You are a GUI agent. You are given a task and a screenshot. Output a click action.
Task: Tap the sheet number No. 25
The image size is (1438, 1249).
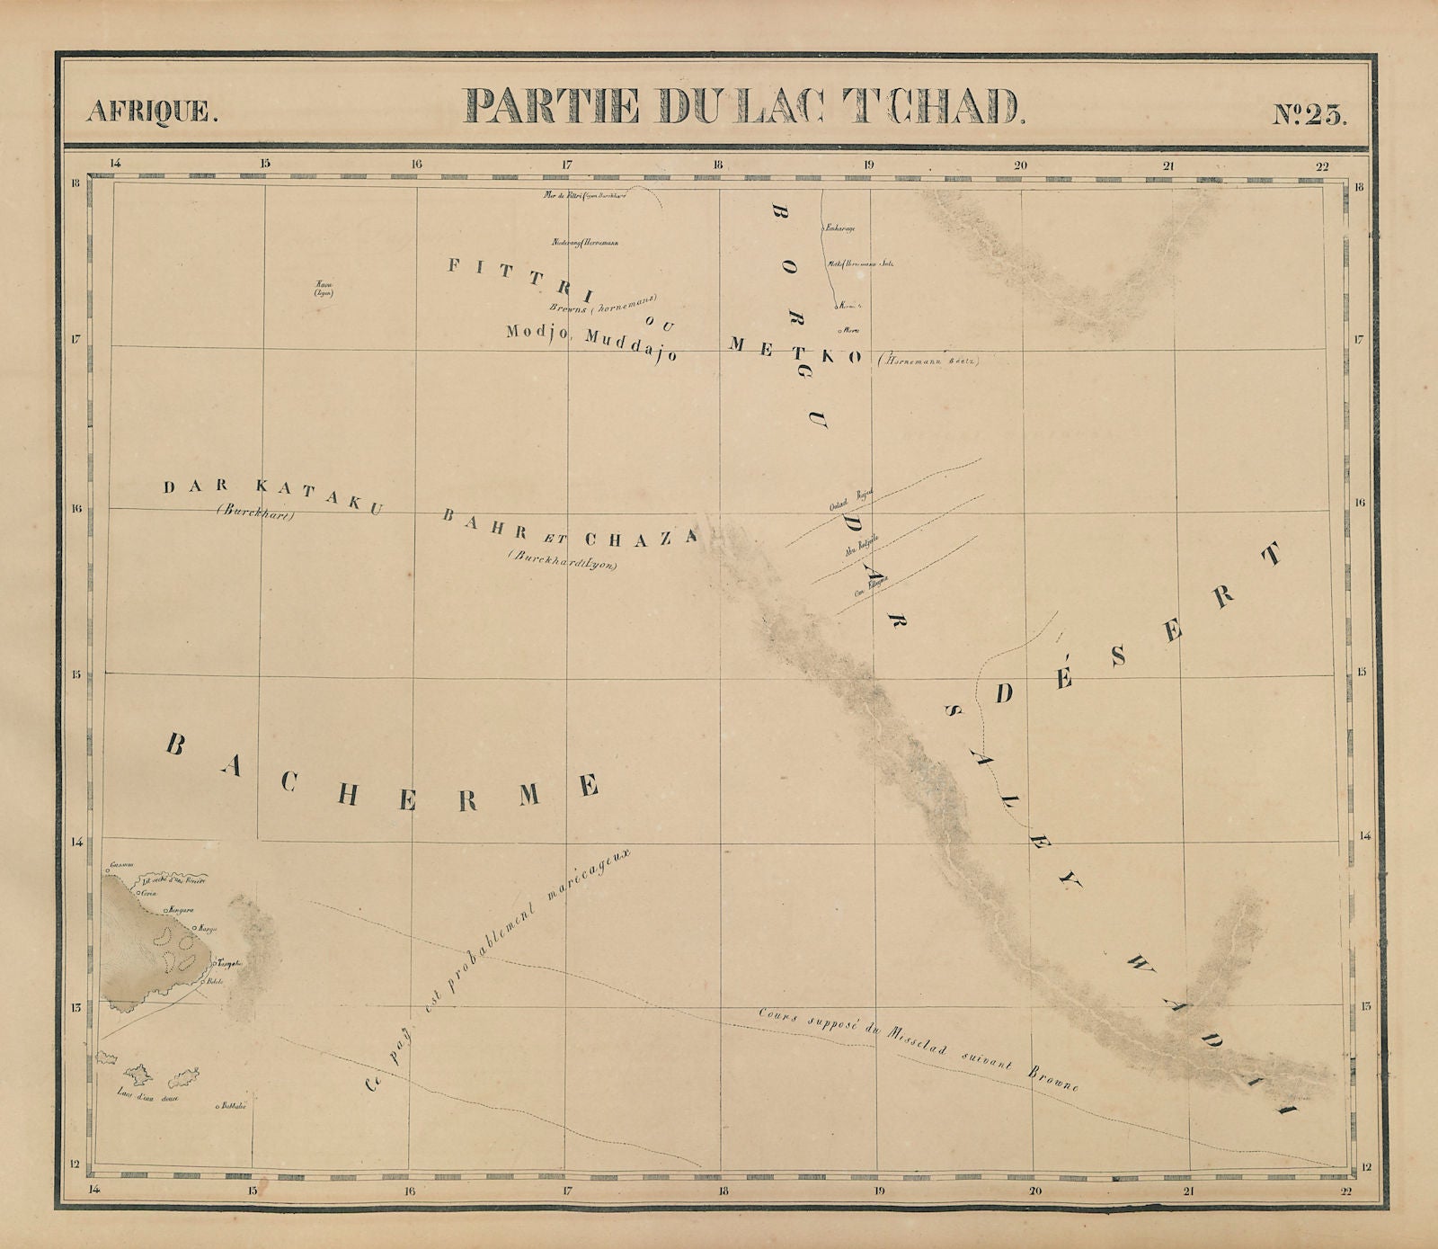[1309, 114]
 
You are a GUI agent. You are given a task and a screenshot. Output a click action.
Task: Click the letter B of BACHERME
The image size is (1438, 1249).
[175, 745]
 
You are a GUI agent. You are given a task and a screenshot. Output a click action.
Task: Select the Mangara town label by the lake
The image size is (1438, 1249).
[176, 909]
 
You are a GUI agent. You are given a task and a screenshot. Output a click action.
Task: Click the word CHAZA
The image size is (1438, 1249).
[641, 539]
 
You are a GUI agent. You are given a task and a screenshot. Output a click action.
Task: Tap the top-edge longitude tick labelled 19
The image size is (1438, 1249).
[868, 165]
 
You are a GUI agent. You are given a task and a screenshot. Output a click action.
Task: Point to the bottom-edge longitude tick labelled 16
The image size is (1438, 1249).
[410, 1192]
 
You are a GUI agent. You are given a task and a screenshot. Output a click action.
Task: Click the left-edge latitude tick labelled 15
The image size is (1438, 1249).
[77, 674]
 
